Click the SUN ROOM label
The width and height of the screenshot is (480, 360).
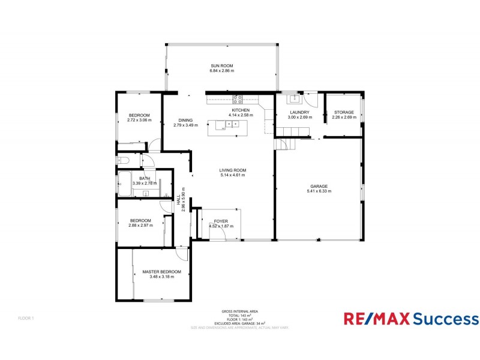(221, 65)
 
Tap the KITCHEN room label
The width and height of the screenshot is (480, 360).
(241, 110)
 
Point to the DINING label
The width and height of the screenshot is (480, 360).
(185, 120)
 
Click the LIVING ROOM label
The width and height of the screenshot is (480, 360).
(233, 170)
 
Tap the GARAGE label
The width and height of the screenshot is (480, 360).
(319, 186)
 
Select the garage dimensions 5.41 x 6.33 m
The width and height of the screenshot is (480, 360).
(319, 191)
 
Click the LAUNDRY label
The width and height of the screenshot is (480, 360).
(299, 112)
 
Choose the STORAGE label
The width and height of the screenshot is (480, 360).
(344, 112)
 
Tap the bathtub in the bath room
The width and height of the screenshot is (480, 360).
(125, 183)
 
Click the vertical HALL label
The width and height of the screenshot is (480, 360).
(179, 204)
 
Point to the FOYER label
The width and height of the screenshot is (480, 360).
(221, 221)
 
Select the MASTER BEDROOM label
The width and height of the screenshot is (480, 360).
(161, 272)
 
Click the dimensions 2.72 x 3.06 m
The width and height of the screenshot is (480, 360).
(139, 120)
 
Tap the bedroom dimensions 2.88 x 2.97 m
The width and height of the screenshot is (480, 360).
(140, 226)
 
